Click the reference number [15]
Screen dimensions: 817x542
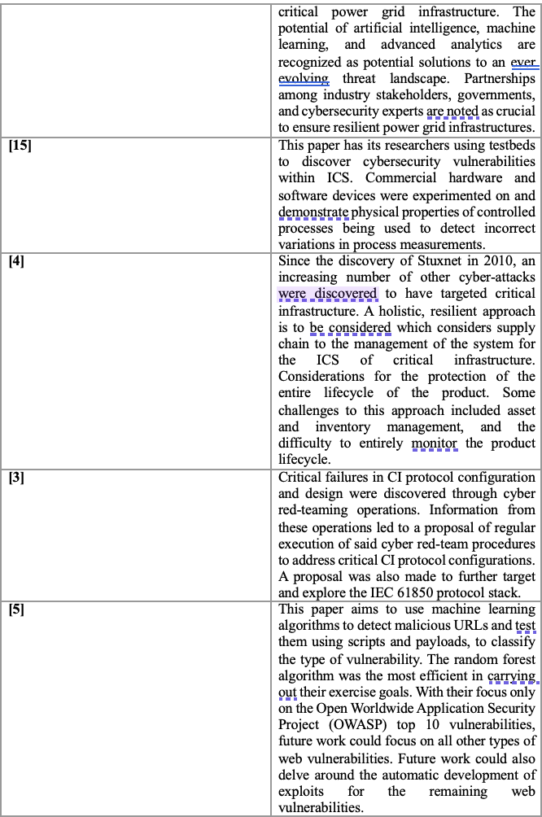pyautogui.click(x=20, y=146)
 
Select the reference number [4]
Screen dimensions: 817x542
pyautogui.click(x=16, y=261)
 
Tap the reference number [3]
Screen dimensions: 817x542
pyautogui.click(x=16, y=478)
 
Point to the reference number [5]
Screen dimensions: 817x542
pyautogui.click(x=16, y=609)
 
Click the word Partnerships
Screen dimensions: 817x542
pyautogui.click(x=500, y=79)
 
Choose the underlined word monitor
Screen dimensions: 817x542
pyautogui.click(x=434, y=443)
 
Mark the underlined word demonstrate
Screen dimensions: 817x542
pyautogui.click(x=313, y=212)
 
